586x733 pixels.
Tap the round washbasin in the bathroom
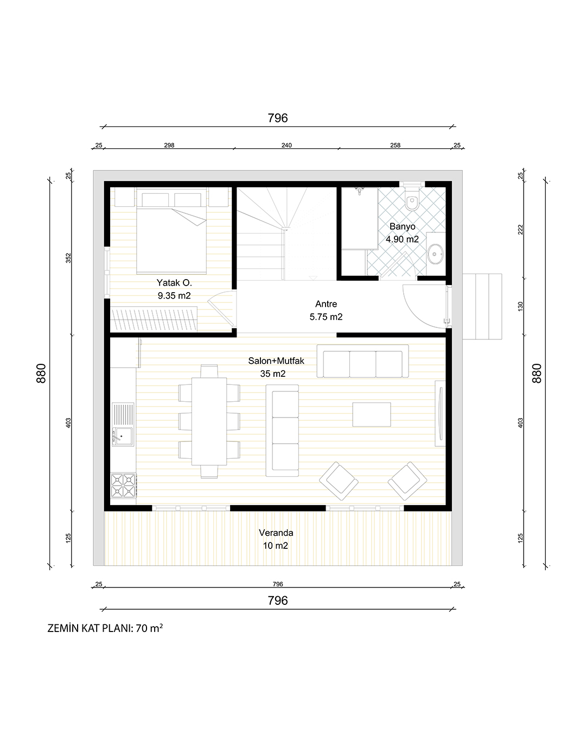tap(436, 254)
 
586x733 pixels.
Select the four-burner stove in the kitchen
tap(123, 485)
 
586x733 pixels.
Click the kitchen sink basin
tap(123, 437)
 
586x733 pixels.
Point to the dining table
tap(209, 421)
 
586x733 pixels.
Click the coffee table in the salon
tap(372, 414)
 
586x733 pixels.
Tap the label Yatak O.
tap(174, 282)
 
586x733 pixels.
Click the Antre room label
tap(326, 304)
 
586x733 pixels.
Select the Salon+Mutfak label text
tap(276, 361)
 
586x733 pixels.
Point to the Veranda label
tap(276, 533)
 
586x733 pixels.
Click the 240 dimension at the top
tap(286, 145)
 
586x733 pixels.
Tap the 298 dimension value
tap(169, 145)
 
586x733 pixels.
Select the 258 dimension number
tap(395, 145)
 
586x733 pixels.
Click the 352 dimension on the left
tap(68, 258)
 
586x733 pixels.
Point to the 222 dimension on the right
tap(520, 230)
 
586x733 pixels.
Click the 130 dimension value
tap(520, 306)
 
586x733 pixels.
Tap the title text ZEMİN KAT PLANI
tap(90, 628)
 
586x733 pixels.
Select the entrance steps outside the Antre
tap(482, 307)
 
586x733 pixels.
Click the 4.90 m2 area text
tap(402, 239)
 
